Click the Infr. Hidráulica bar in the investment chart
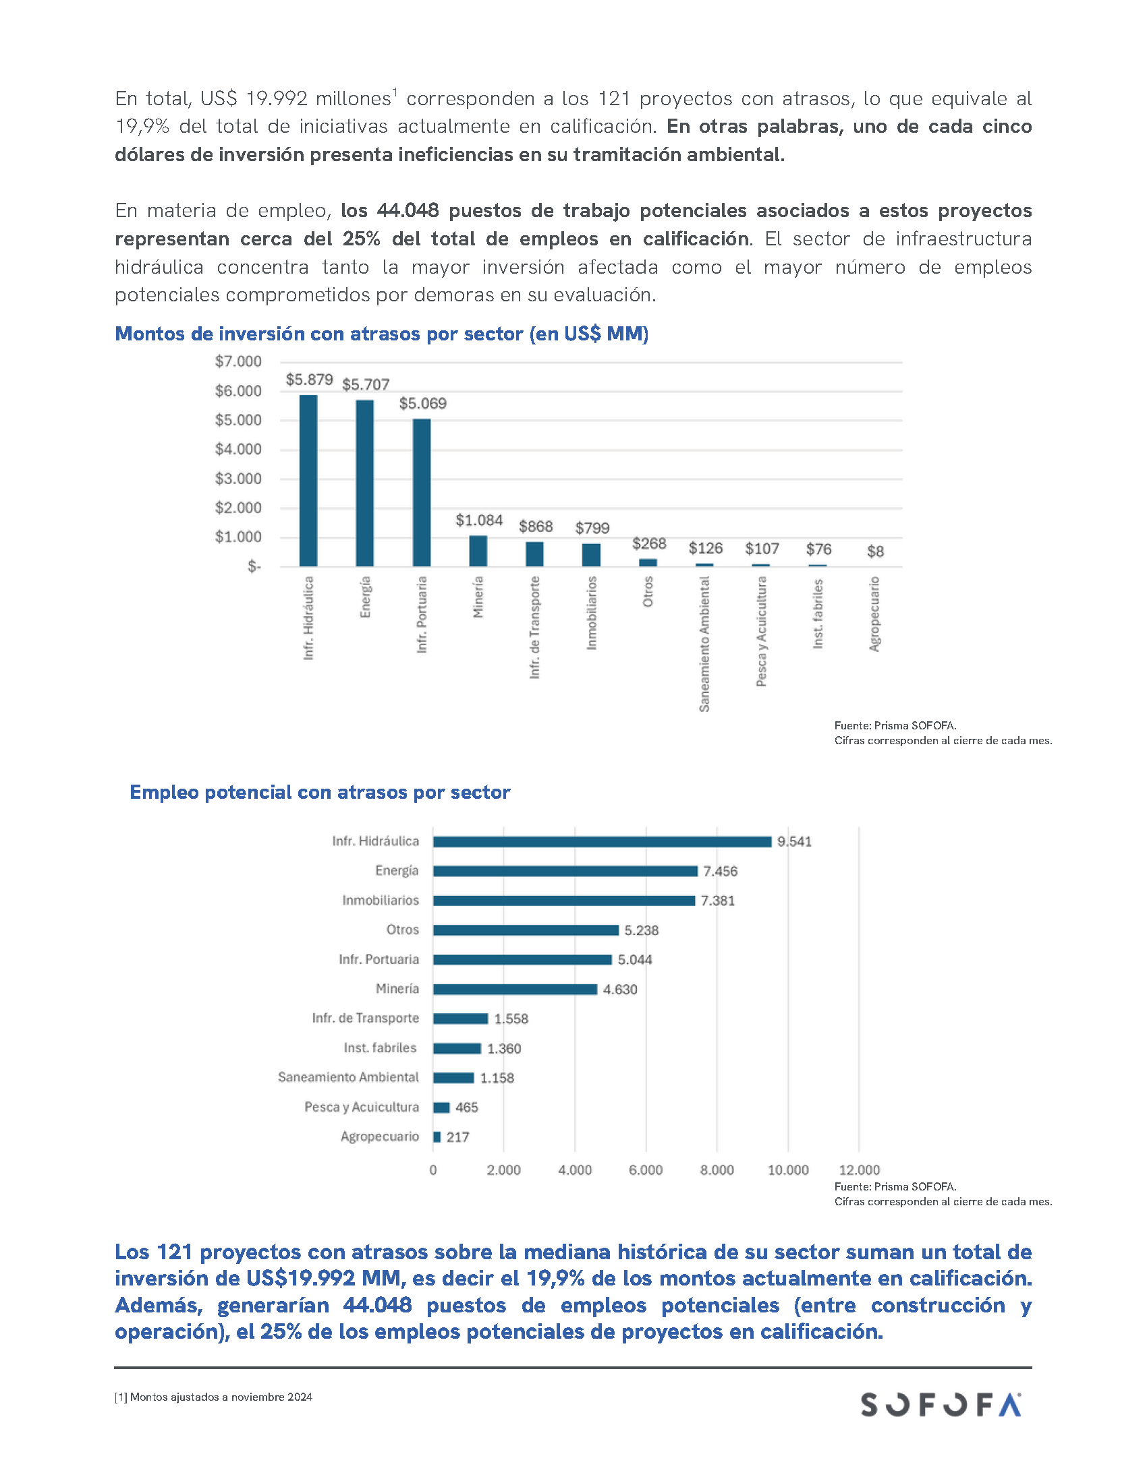308,480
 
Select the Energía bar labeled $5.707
364,483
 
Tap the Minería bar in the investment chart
478,551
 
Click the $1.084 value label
479,520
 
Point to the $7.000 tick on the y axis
237,361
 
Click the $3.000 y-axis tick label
237,478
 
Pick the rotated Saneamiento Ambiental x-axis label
704,644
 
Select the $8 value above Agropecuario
875,551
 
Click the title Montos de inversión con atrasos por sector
381,334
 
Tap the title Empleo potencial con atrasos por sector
319,792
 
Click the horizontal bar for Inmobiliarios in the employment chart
563,901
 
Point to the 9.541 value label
794,841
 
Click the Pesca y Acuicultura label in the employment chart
362,1107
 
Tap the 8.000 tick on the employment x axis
717,1170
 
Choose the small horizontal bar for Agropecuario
437,1137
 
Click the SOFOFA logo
941,1404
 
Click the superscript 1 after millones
395,92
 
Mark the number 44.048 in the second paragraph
408,210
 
